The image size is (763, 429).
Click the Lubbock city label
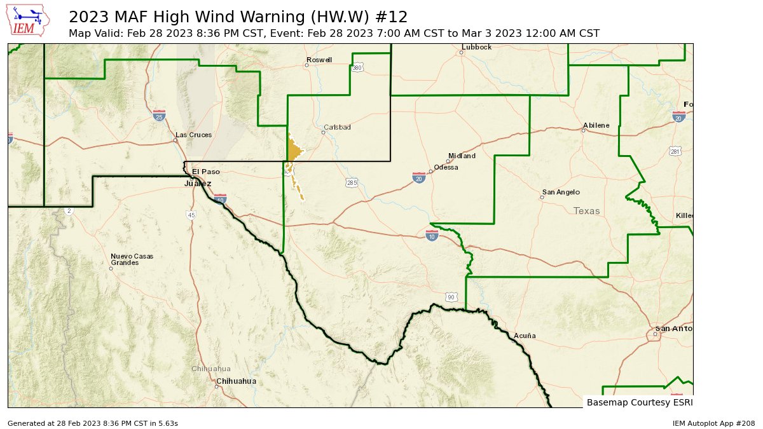coord(477,47)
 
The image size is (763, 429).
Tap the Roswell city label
coord(319,60)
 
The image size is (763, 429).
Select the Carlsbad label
coord(337,127)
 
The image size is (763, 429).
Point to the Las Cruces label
coord(193,135)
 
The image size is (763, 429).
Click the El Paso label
coord(205,172)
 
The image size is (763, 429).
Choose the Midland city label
coord(462,156)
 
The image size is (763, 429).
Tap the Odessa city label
coord(446,168)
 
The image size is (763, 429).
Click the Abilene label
coord(596,125)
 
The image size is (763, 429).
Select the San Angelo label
coord(560,193)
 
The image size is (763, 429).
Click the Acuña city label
coord(525,336)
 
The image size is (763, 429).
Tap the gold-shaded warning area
coord(294,151)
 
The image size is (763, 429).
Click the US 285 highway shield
coord(352,183)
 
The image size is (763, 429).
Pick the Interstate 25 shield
coord(159,116)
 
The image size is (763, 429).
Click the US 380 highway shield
coord(357,67)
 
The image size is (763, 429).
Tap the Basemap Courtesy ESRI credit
coord(639,402)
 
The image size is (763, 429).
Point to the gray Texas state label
coord(586,211)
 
